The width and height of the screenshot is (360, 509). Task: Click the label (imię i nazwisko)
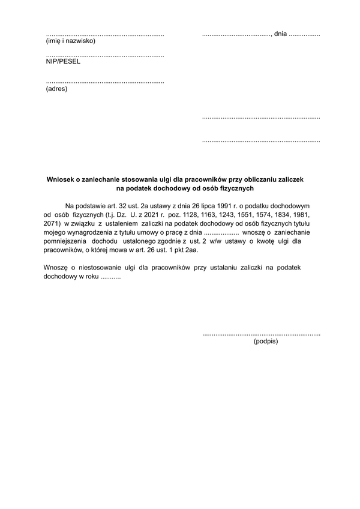pos(70,41)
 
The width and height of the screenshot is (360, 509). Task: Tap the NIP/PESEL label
pos(62,61)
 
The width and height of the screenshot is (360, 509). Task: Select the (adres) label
pos(57,89)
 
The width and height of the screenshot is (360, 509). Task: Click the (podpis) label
pos(266,341)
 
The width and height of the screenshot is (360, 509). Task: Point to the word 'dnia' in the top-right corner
pos(280,34)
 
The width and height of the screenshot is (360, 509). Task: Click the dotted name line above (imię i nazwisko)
pos(105,34)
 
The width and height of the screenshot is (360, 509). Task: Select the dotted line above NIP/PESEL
pos(105,54)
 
